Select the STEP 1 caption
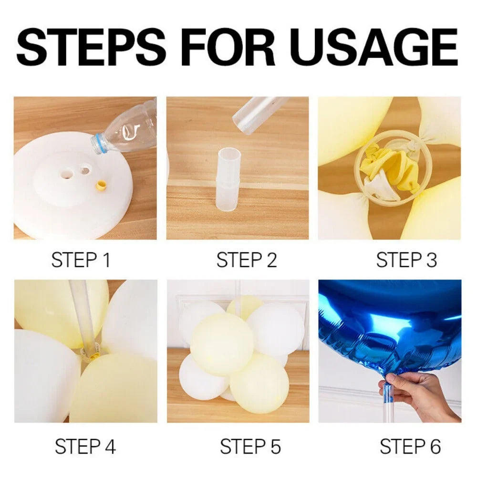pos(81,260)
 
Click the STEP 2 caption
pos(247,260)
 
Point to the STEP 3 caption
pos(406,260)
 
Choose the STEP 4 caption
pos(85,446)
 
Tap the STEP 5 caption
pos(250,446)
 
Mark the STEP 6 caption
pos(410,446)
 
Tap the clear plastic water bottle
pos(129,129)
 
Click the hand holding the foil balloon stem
pos(420,394)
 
